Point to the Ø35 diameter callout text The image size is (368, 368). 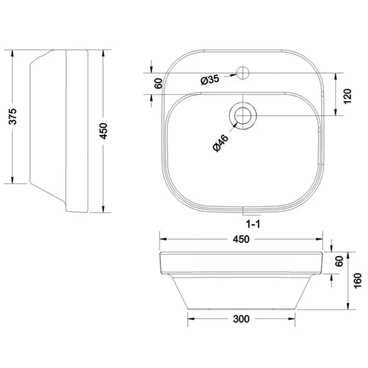[210, 80]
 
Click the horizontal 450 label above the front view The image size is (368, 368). [240, 239]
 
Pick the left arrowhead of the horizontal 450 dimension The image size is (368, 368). [162, 239]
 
